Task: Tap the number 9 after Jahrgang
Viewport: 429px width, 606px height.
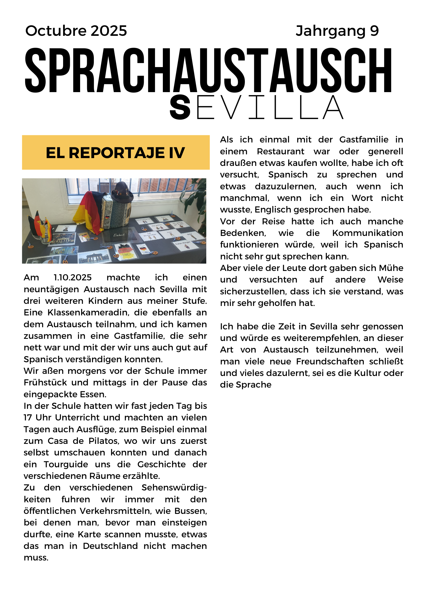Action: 374,31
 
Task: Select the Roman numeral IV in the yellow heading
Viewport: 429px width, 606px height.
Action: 177,153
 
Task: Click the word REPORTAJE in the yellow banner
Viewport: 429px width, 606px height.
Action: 117,153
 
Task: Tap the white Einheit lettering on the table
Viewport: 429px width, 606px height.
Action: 119,235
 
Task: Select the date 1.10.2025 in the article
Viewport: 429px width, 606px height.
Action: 73,278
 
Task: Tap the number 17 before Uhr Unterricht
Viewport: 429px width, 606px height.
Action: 28,418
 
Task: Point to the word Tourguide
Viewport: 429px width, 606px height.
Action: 66,465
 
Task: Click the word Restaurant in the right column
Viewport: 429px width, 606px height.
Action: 280,152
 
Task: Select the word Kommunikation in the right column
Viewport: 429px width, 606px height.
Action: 368,233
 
